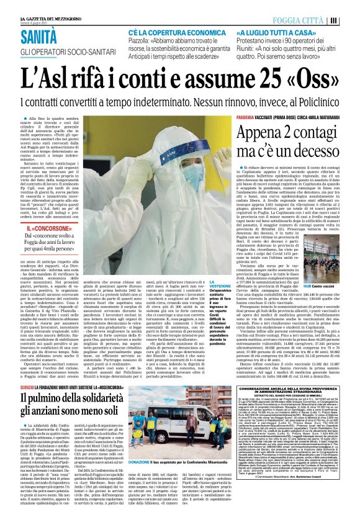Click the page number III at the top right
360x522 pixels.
pyautogui.click(x=351, y=20)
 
